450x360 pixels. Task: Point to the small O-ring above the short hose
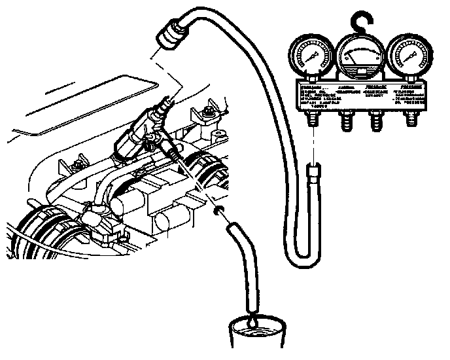click(x=221, y=211)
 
